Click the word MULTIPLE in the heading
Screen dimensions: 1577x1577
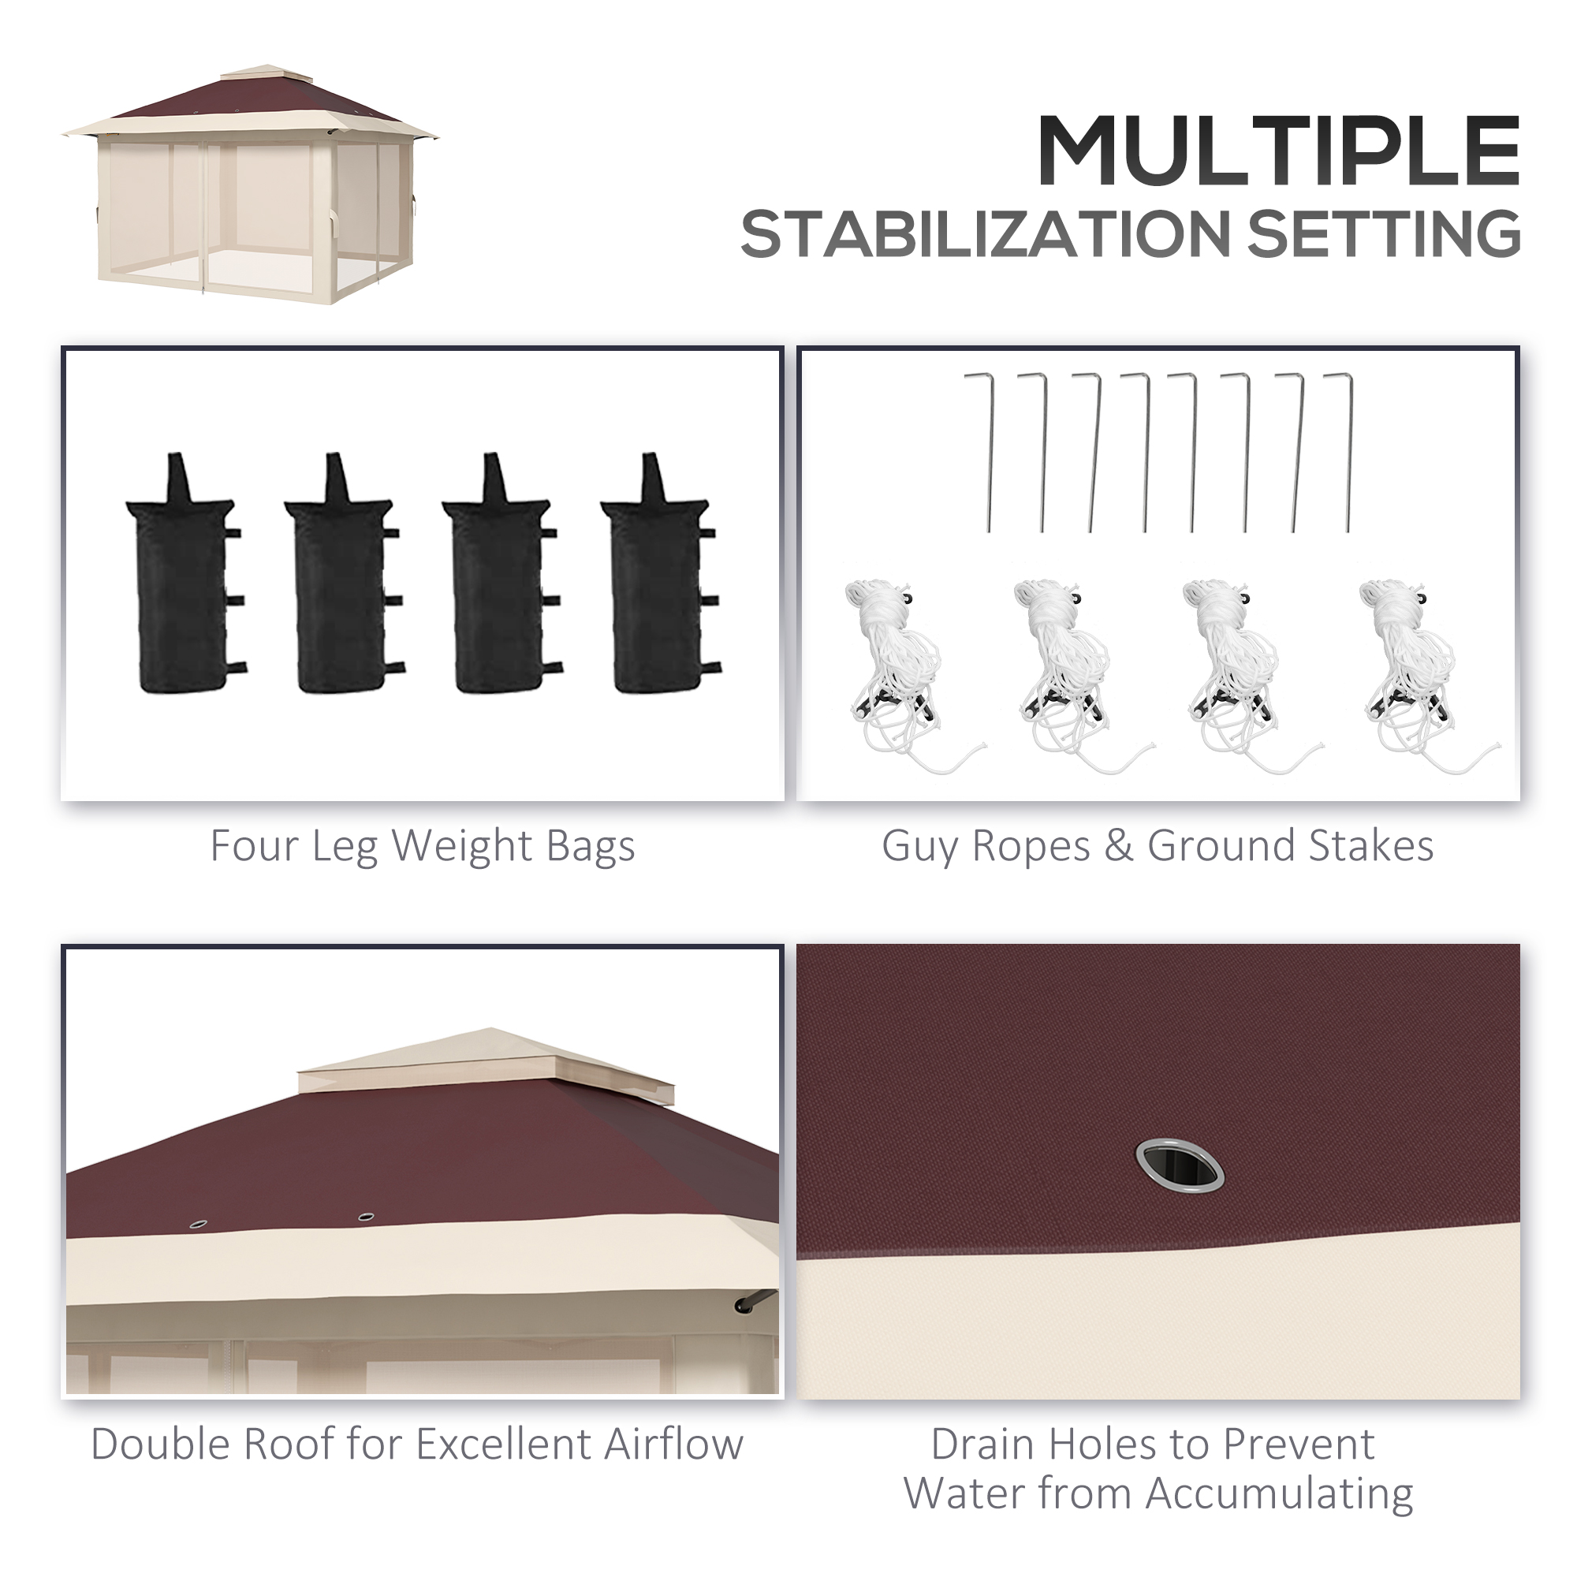pyautogui.click(x=1277, y=152)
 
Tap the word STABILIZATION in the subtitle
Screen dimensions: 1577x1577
pyautogui.click(x=986, y=234)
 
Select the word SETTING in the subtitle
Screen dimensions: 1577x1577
pyautogui.click(x=1385, y=234)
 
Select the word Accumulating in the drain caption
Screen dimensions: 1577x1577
pyautogui.click(x=1279, y=1495)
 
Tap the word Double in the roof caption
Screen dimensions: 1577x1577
pyautogui.click(x=162, y=1444)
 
